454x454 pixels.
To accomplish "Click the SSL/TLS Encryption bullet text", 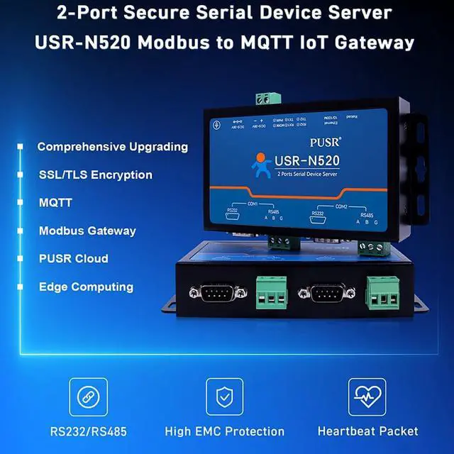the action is click(x=95, y=175).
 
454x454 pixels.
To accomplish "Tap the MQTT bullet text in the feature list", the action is click(x=55, y=202).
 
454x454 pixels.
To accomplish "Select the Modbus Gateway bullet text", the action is click(x=87, y=231).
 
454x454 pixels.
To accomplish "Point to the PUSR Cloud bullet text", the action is click(x=73, y=258).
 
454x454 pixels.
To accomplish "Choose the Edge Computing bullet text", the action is click(x=86, y=287).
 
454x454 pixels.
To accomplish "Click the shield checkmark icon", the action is click(x=224, y=397).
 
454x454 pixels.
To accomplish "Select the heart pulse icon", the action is click(x=367, y=397).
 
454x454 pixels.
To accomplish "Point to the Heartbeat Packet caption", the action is click(x=367, y=431).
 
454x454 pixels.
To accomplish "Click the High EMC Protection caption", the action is click(x=224, y=431).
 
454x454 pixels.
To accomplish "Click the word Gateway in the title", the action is click(x=380, y=42).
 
